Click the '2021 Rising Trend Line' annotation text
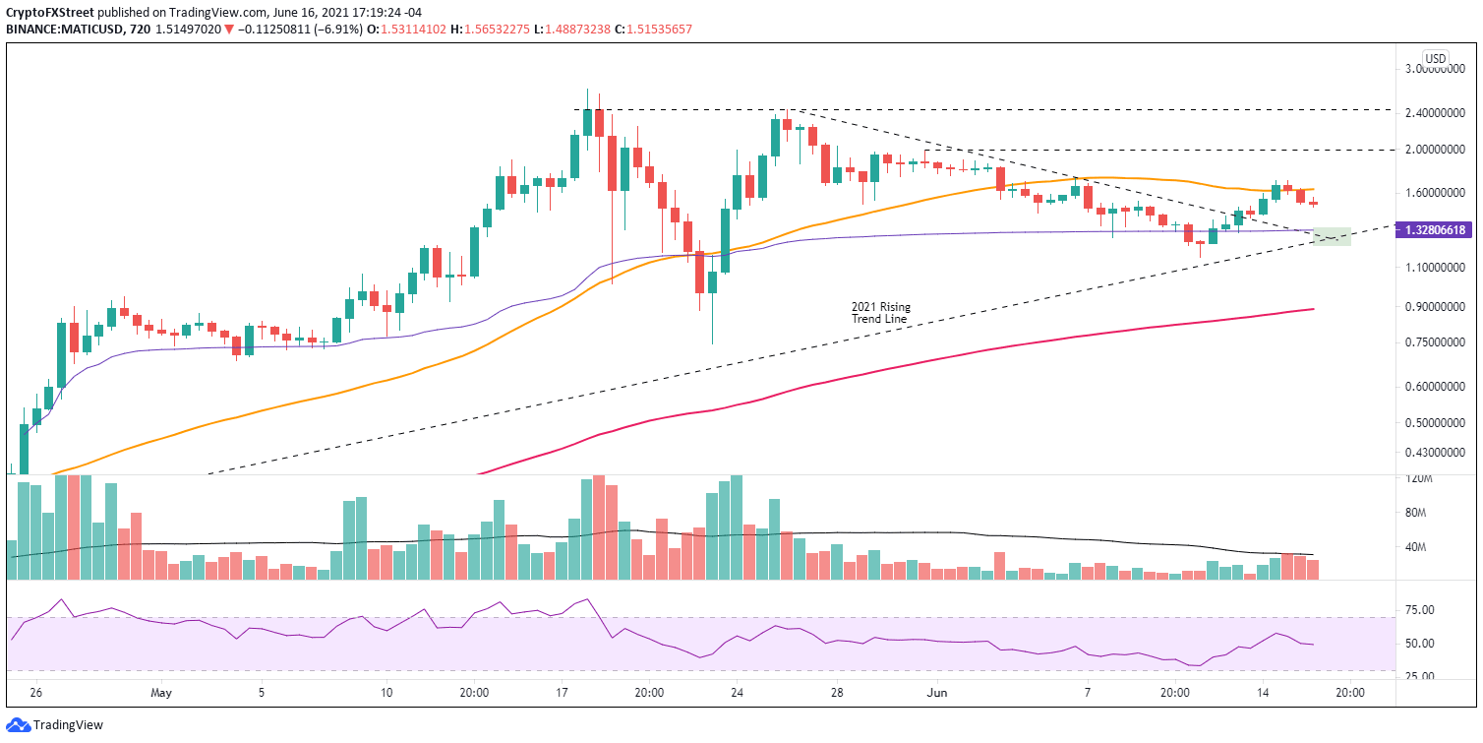[880, 313]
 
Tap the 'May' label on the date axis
[162, 692]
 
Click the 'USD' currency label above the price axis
[1436, 56]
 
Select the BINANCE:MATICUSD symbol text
[62, 30]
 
